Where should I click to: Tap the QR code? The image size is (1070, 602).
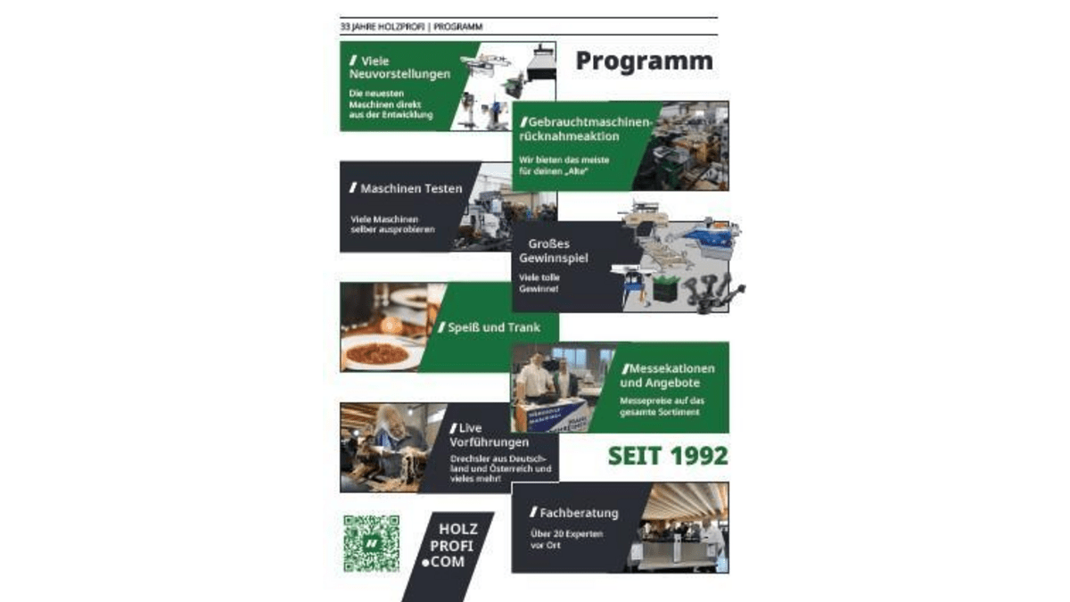coord(372,543)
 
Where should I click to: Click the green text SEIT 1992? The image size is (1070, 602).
coord(668,456)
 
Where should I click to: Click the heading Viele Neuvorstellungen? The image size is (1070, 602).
coord(399,68)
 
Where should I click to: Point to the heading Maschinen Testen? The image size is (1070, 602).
coord(406,188)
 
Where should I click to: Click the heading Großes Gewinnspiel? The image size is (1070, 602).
coord(553,251)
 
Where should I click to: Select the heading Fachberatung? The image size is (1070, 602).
coord(573,513)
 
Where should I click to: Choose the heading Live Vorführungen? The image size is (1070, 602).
coord(489,435)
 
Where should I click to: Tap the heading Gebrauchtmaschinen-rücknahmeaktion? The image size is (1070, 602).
coord(586,129)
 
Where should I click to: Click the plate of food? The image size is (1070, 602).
coord(377,353)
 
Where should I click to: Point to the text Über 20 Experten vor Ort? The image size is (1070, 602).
coord(566,539)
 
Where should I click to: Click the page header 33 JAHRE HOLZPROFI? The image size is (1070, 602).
coord(383,27)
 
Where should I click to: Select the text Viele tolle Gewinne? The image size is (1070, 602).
coord(539,283)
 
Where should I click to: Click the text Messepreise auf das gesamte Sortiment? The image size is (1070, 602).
coord(662,406)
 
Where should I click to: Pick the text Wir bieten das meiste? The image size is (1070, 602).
coord(564,160)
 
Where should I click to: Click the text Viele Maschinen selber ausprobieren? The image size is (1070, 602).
coord(392,224)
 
